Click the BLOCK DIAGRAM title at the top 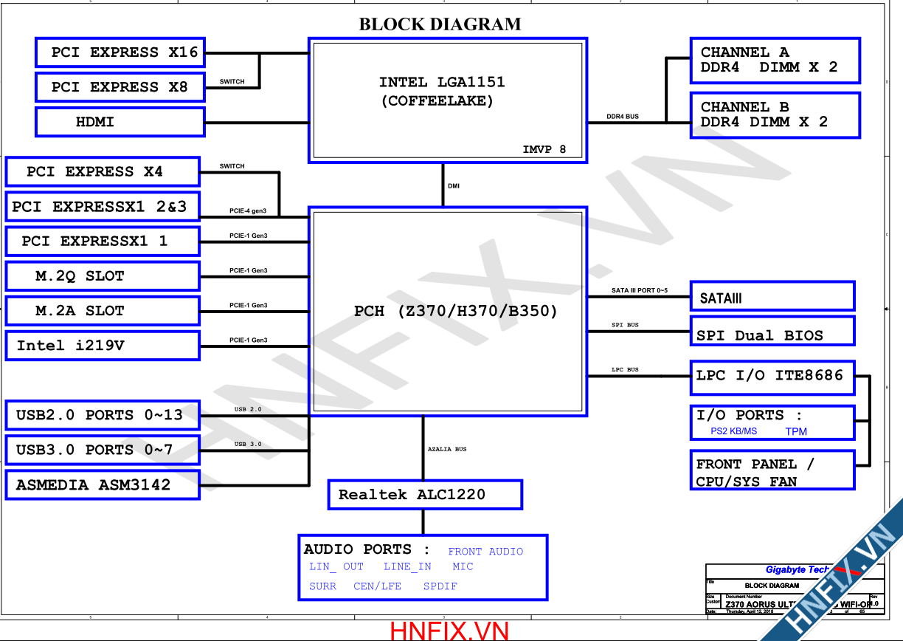(x=440, y=24)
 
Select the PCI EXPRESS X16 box (x=120, y=52)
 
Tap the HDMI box (x=120, y=122)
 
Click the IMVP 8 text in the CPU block (x=544, y=149)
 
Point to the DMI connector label (x=454, y=186)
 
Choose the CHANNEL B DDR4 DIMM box (x=775, y=114)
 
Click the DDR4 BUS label (x=623, y=117)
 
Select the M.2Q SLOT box (x=103, y=276)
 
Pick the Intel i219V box (x=103, y=346)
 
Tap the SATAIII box (x=772, y=297)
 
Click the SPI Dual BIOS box (x=772, y=332)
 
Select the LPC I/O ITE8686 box (x=772, y=376)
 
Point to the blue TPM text (x=796, y=431)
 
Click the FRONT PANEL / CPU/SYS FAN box (x=772, y=470)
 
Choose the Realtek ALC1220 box (x=425, y=495)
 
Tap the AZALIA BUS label (x=447, y=449)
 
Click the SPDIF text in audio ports (x=440, y=586)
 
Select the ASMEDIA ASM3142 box (x=103, y=485)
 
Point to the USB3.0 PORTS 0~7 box (x=103, y=450)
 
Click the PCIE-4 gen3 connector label (x=248, y=211)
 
